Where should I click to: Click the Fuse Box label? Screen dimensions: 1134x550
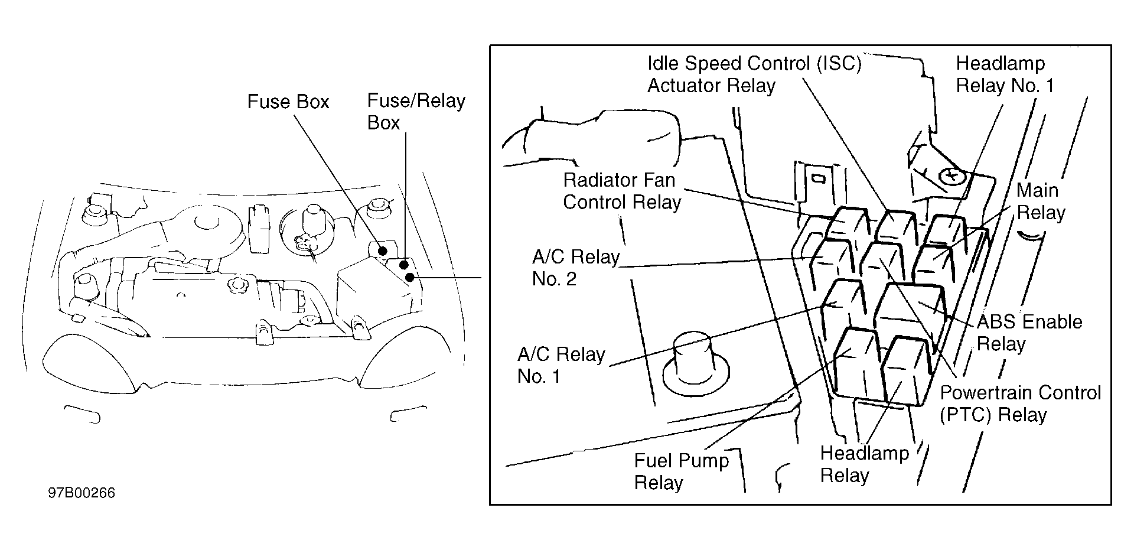click(x=288, y=102)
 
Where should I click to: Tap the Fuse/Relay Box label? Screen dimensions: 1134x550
click(x=416, y=111)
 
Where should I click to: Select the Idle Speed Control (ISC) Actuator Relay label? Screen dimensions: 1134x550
click(x=754, y=74)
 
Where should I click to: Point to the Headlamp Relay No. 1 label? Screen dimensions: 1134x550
click(x=1005, y=74)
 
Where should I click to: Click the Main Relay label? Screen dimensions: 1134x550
click(x=1040, y=201)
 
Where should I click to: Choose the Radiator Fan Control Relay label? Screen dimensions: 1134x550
click(x=621, y=191)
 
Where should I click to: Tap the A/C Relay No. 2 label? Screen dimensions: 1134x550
click(x=576, y=268)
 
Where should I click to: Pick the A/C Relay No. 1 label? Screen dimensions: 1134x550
click(x=561, y=365)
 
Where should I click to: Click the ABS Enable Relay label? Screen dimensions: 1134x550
click(x=1029, y=333)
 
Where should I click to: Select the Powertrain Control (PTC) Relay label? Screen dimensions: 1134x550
click(x=1020, y=404)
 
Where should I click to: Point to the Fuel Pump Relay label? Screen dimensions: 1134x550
click(x=682, y=471)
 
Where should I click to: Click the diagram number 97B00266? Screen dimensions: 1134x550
click(x=82, y=493)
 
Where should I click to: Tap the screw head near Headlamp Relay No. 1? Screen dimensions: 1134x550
click(x=951, y=175)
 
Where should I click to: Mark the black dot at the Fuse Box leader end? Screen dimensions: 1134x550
click(x=383, y=251)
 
